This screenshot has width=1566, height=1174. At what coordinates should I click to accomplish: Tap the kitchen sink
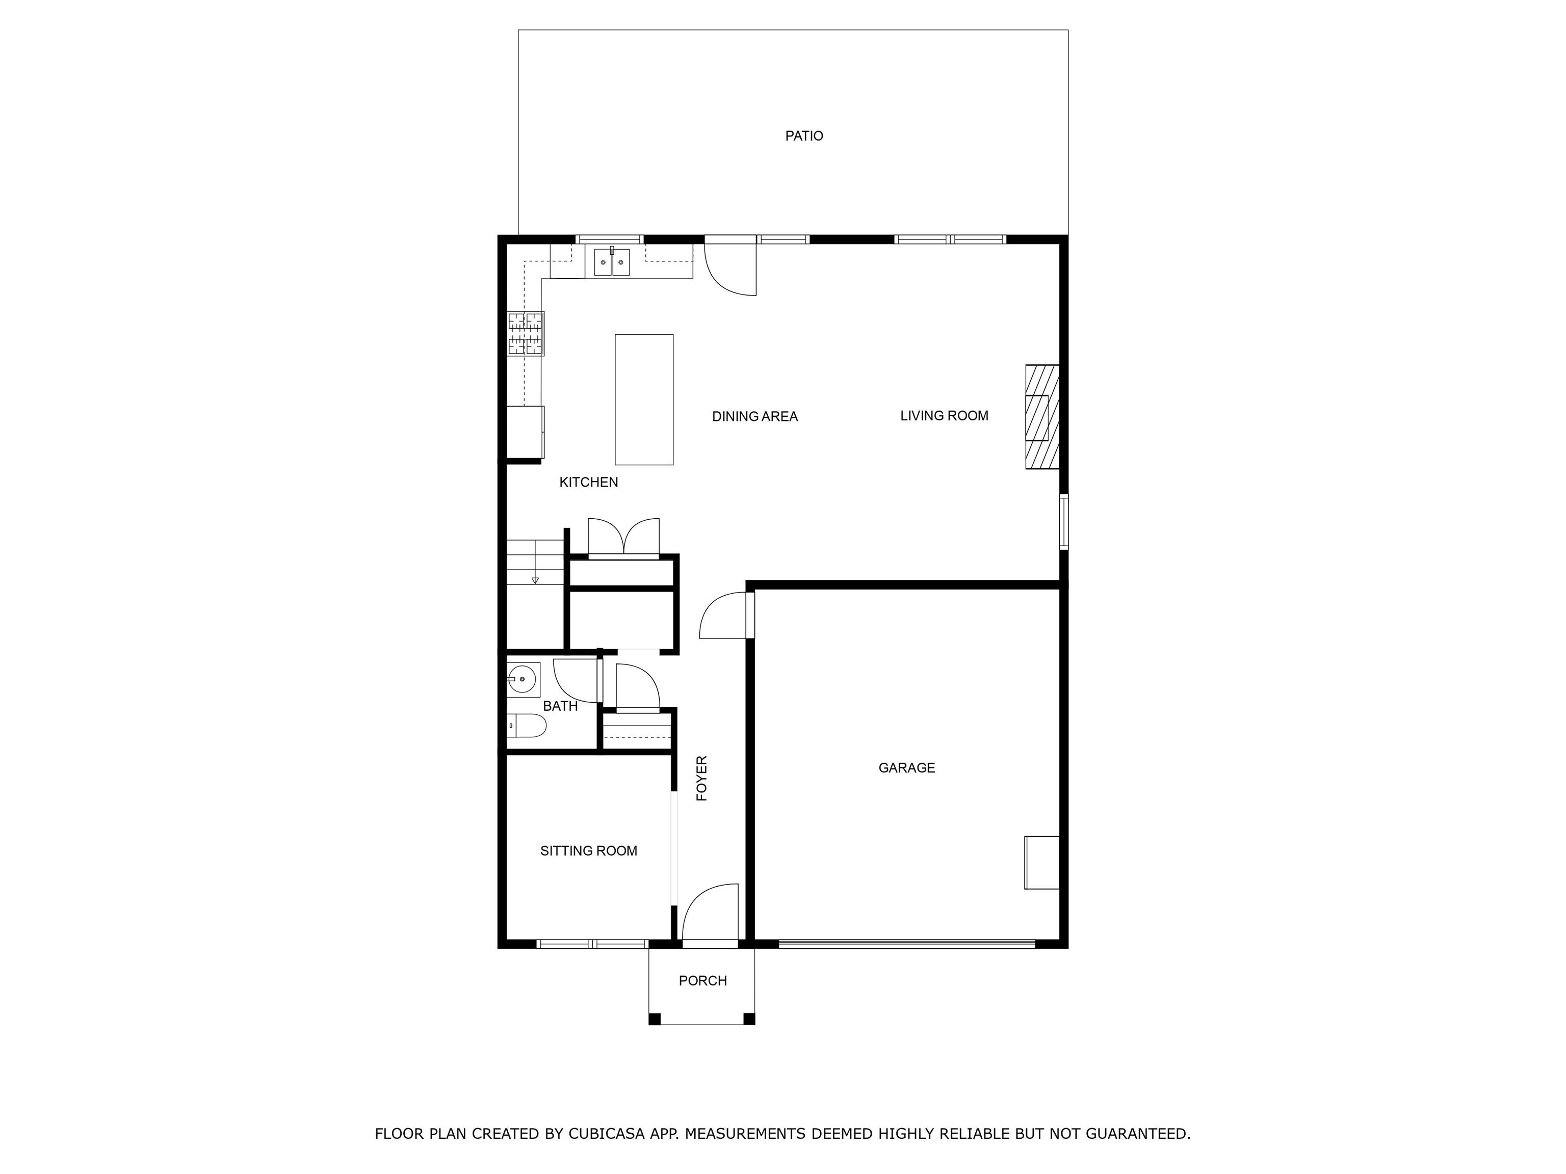point(612,262)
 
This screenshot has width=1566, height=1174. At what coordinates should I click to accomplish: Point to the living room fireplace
point(1042,416)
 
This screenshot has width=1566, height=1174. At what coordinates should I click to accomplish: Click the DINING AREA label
point(754,417)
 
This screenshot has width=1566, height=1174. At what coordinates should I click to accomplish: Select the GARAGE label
point(906,768)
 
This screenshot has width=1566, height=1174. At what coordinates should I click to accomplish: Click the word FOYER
point(701,779)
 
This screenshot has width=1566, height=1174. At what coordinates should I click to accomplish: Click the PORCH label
point(702,981)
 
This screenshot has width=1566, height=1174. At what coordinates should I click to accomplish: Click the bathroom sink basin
point(523,679)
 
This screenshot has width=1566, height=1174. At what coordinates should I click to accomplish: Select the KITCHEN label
point(588,483)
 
